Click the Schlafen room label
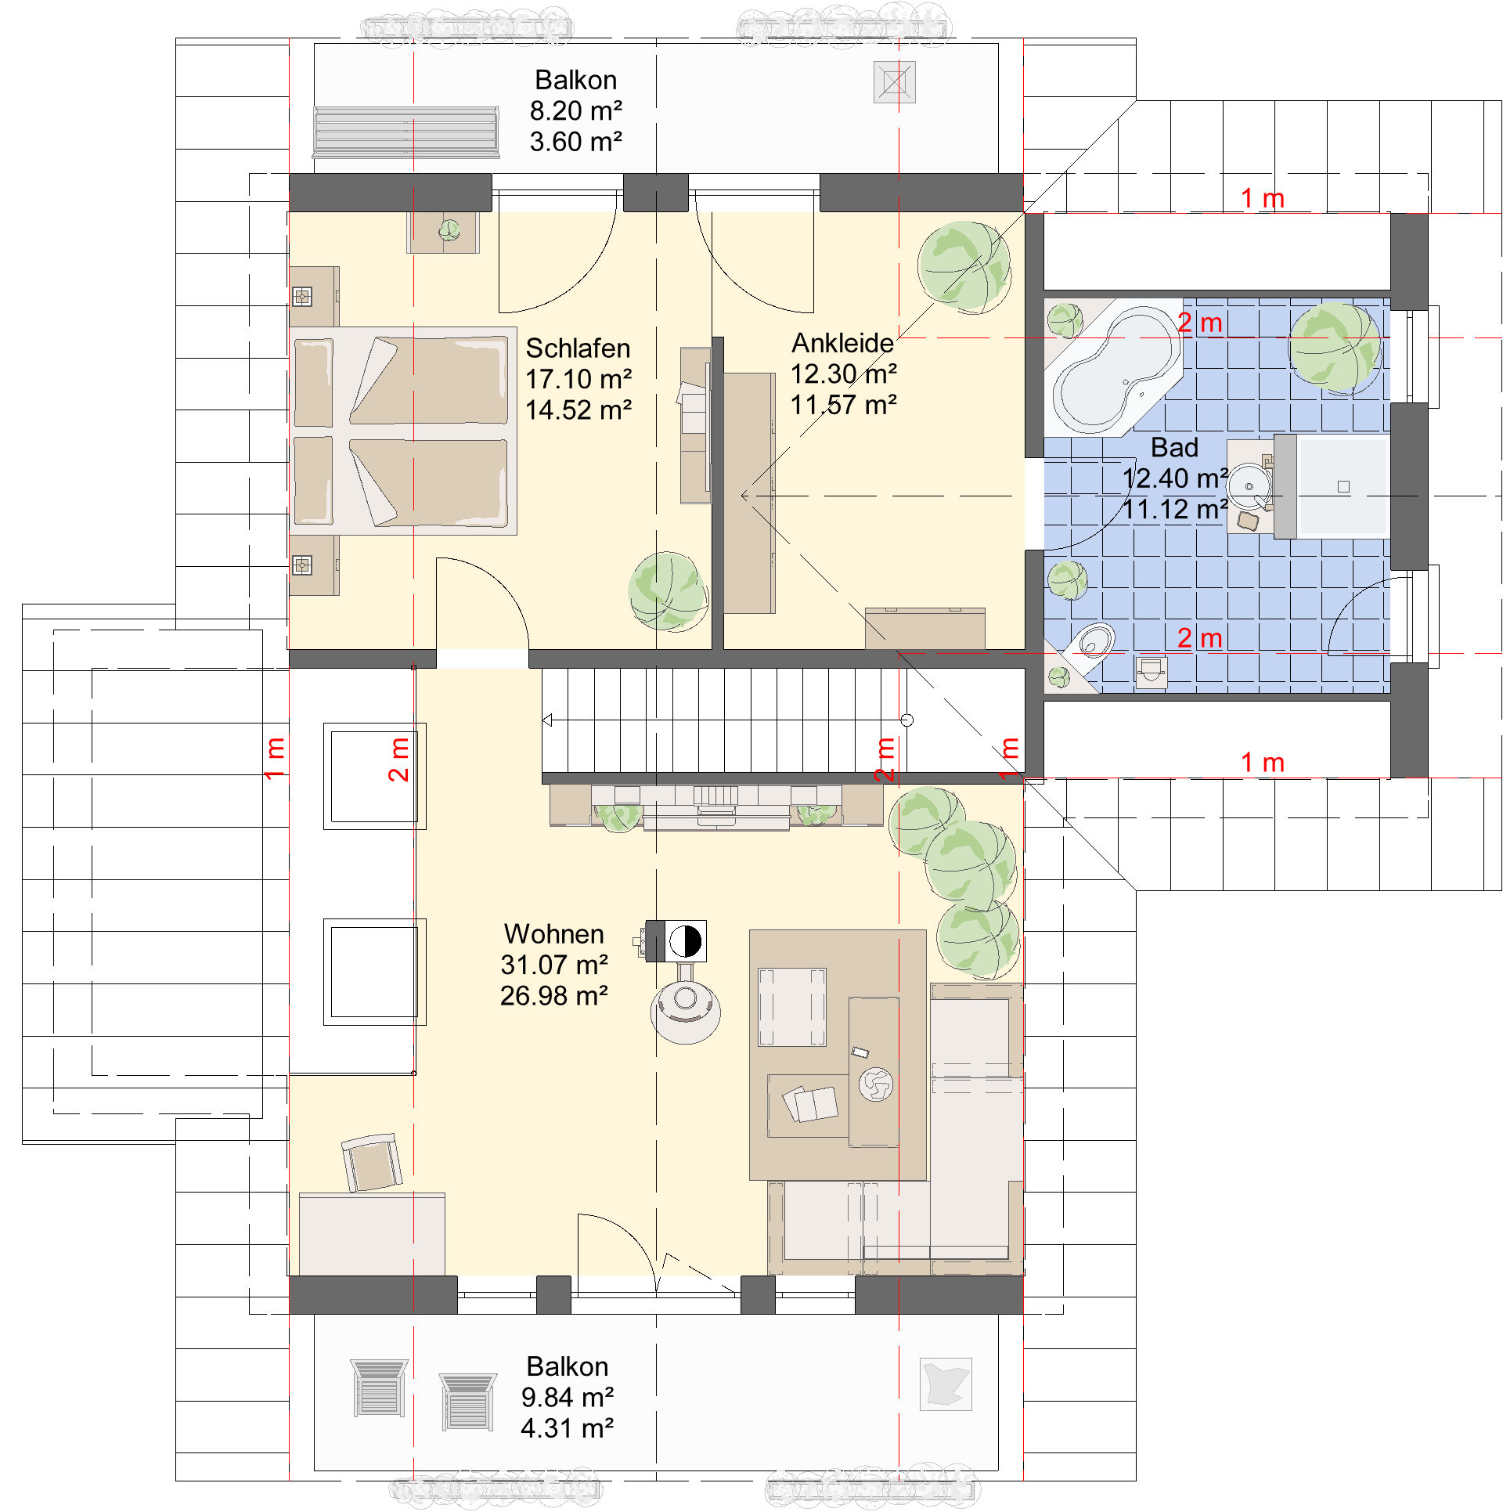578,348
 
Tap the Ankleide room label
842,343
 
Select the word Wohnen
553,934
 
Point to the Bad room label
1174,448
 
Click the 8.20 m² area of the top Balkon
575,111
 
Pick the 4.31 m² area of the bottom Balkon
567,1428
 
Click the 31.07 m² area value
554,965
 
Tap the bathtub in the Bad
1115,368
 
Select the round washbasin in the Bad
1249,486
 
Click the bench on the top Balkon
405,132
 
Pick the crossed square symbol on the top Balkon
895,82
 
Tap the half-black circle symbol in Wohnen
686,941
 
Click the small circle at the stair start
906,720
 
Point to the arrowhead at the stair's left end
547,720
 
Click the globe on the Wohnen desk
876,1085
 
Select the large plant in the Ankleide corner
964,268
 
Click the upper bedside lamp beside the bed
302,297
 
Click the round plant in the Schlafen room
668,591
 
